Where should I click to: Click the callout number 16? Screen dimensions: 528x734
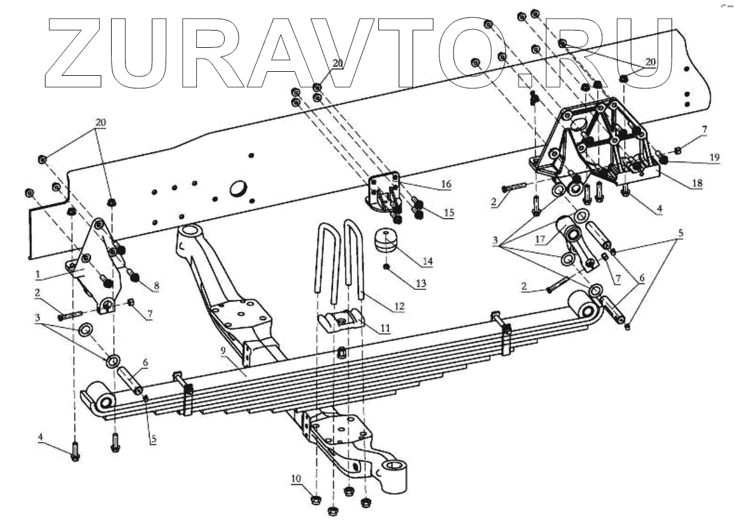click(x=445, y=184)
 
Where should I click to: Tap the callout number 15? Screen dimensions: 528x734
click(x=449, y=213)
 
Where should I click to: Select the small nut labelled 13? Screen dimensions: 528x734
click(x=386, y=267)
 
